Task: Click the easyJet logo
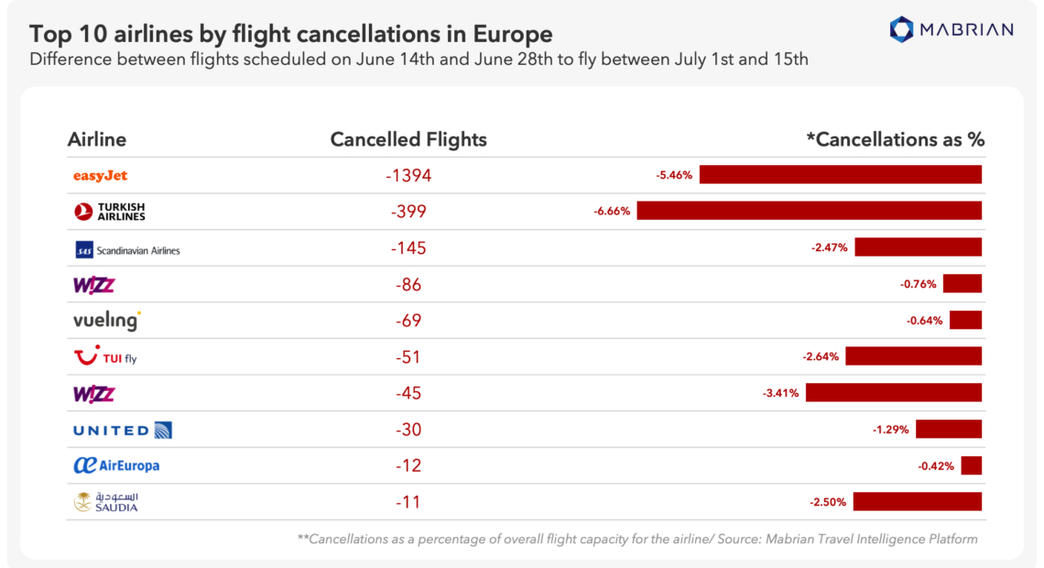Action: click(x=100, y=175)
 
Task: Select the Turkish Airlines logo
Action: click(x=109, y=212)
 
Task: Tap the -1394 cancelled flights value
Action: click(x=408, y=175)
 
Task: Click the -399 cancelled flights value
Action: click(x=408, y=212)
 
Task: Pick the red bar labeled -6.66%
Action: click(x=809, y=211)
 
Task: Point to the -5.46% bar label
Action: click(x=675, y=174)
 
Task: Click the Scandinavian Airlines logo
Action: click(x=126, y=249)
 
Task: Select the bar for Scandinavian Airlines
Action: click(x=918, y=246)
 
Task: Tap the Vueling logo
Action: click(x=106, y=321)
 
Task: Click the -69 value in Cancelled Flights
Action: click(x=408, y=321)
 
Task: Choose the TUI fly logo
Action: click(x=105, y=357)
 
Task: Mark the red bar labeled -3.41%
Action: click(x=893, y=392)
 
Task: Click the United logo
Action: click(x=122, y=430)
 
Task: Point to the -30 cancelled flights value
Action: click(x=408, y=430)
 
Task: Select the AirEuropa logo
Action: click(x=116, y=465)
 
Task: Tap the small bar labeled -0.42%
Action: click(x=971, y=465)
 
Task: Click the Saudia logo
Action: click(x=106, y=502)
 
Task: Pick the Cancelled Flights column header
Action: click(x=408, y=139)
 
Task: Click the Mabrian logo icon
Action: click(x=902, y=28)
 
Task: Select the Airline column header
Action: click(x=97, y=139)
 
